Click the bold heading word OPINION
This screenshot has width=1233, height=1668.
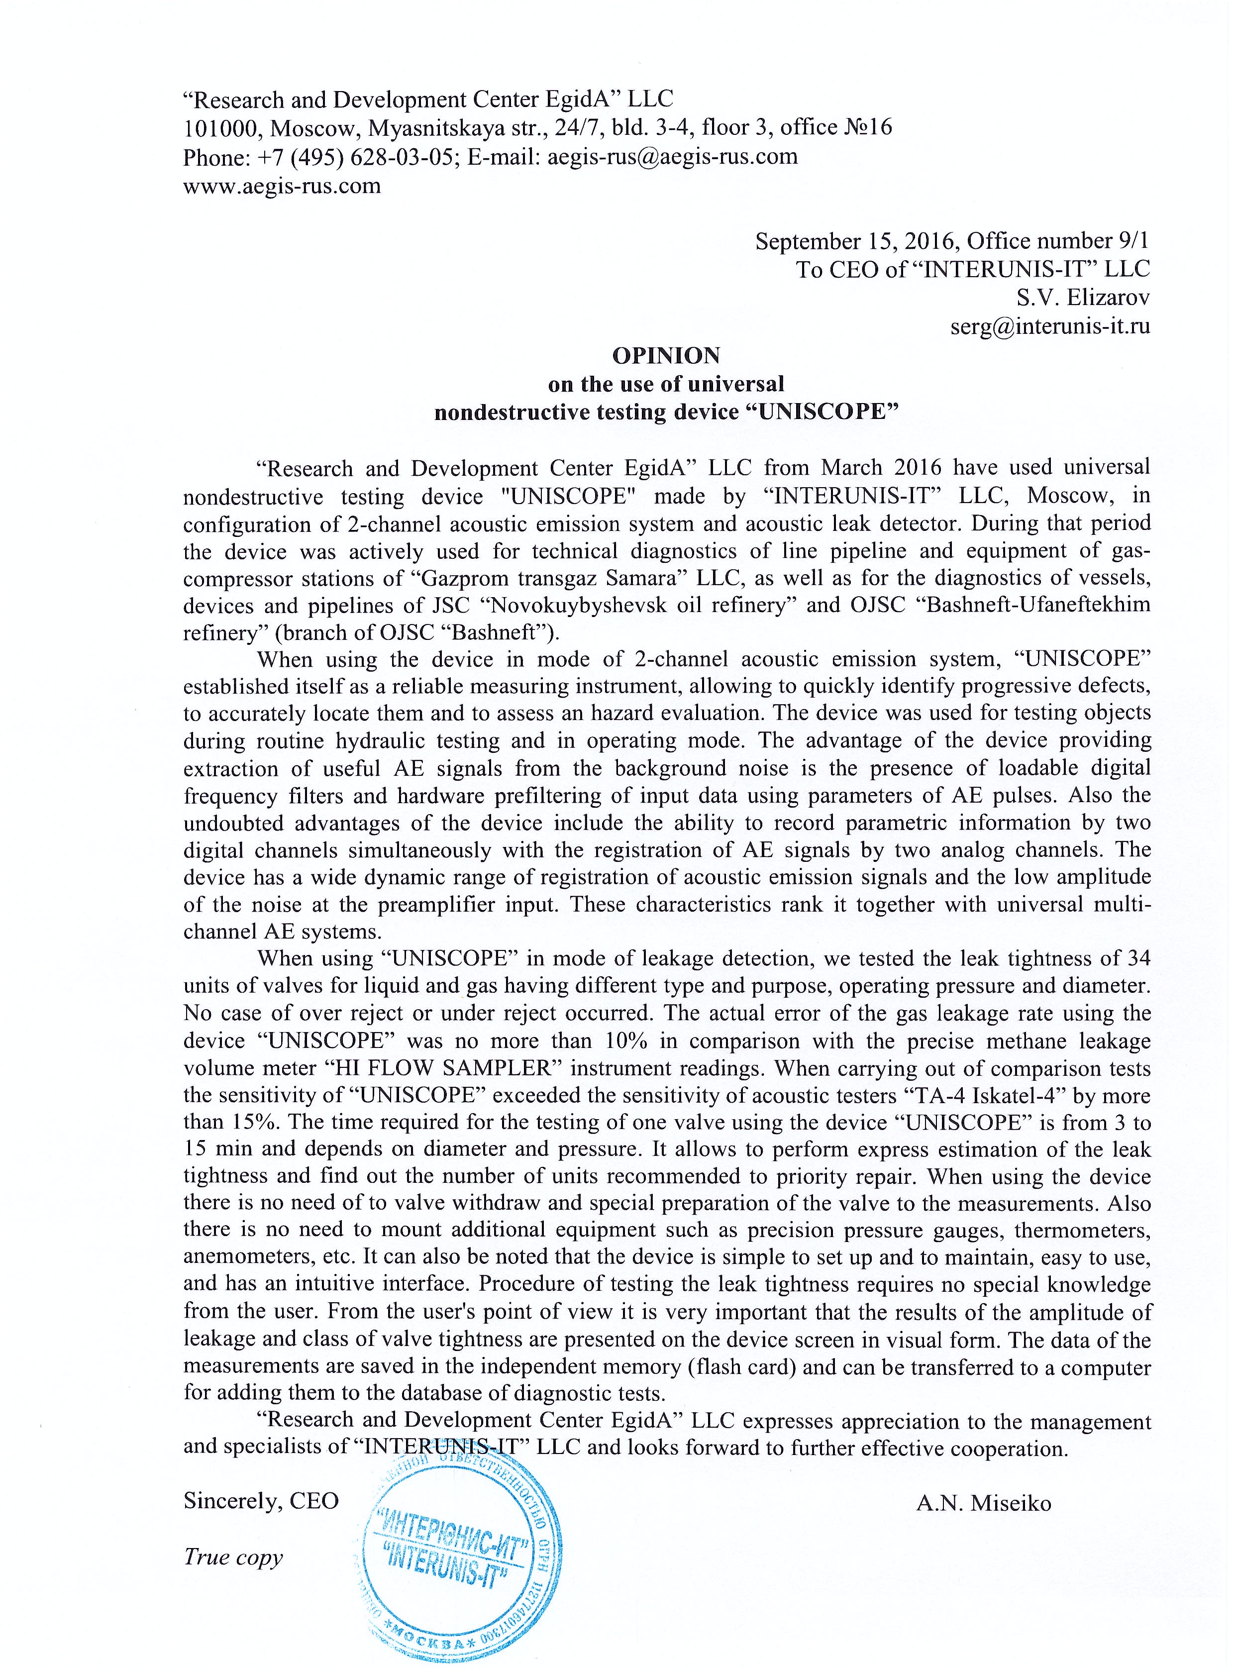point(666,355)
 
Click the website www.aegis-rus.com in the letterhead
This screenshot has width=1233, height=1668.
point(282,186)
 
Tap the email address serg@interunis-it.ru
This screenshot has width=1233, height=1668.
point(1049,326)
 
